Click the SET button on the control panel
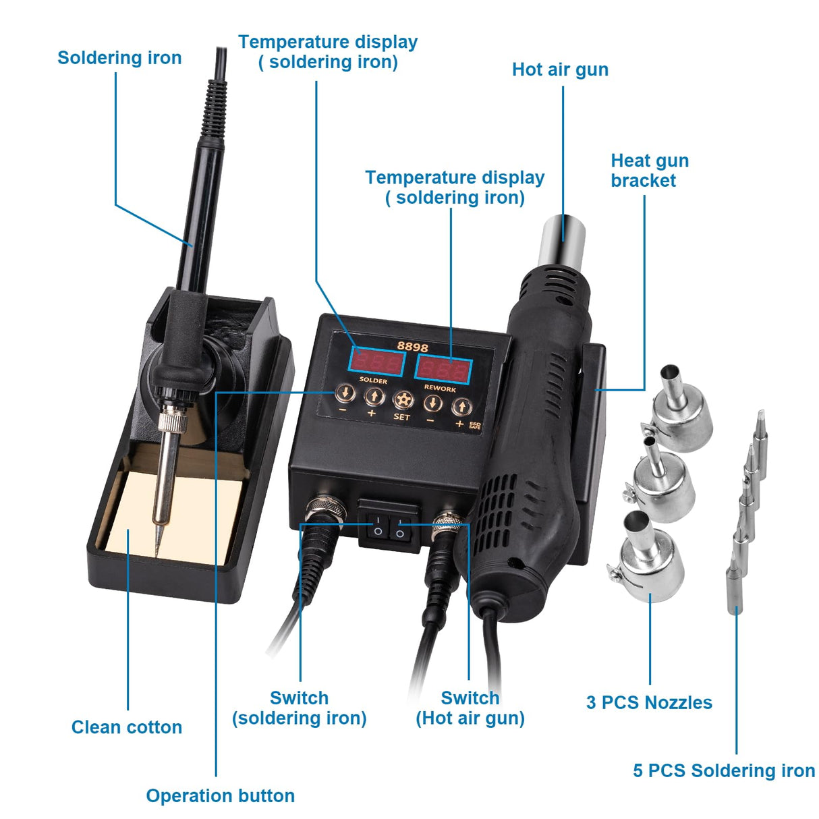coord(402,399)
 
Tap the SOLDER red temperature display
coord(376,363)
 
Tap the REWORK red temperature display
coord(443,370)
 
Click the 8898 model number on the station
coord(412,347)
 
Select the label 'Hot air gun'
coord(560,70)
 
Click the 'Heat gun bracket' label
coord(649,171)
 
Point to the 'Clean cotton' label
coord(127,727)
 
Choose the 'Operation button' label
coord(221,796)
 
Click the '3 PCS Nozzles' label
coord(649,703)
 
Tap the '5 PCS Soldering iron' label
coord(724,771)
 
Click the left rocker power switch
coord(378,526)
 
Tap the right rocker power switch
coord(400,527)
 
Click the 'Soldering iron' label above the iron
coord(119,58)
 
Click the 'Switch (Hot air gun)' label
coord(470,708)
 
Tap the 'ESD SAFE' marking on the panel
coord(475,424)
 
